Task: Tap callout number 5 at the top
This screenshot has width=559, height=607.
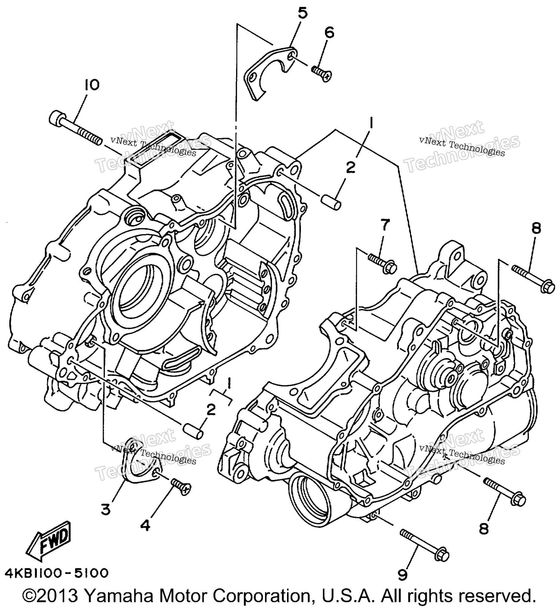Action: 302,14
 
